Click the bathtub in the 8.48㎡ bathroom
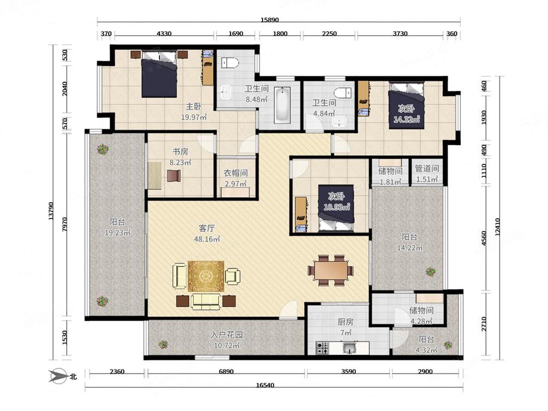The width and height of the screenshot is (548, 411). pyautogui.click(x=282, y=105)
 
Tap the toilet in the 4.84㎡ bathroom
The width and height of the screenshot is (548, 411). pyautogui.click(x=343, y=93)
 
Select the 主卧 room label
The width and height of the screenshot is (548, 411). pyautogui.click(x=193, y=106)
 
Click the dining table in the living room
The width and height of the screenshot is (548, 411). pyautogui.click(x=330, y=271)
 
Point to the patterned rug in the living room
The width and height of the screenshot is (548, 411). pyautogui.click(x=206, y=276)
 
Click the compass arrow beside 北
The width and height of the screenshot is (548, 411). pyautogui.click(x=58, y=376)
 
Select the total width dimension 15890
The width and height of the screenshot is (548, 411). pyautogui.click(x=270, y=20)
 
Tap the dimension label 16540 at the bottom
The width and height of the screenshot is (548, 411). pyautogui.click(x=265, y=385)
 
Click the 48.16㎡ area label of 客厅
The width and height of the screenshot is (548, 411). pyautogui.click(x=207, y=239)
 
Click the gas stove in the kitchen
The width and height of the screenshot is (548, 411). pyautogui.click(x=322, y=348)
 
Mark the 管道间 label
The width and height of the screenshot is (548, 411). pyautogui.click(x=427, y=168)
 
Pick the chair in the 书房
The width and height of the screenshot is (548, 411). pyautogui.click(x=174, y=175)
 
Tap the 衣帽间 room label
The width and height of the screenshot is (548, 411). pyautogui.click(x=236, y=173)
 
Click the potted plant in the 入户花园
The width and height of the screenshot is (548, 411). pyautogui.click(x=163, y=345)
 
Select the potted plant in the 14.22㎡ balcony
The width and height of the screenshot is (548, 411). pyautogui.click(x=431, y=272)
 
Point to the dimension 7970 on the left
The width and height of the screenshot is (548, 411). pyautogui.click(x=64, y=224)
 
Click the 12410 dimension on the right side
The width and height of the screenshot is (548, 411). pyautogui.click(x=498, y=227)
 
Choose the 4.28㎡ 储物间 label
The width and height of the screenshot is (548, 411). pyautogui.click(x=421, y=315)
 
